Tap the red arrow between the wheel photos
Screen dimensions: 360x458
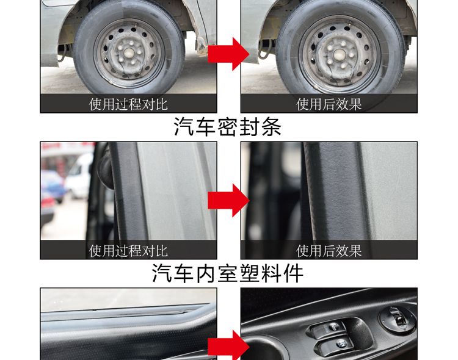point(228,54)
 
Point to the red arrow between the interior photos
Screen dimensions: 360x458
point(228,347)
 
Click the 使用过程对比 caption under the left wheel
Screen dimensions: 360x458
point(128,104)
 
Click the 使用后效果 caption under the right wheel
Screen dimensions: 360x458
point(329,104)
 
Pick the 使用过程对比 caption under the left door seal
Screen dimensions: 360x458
point(128,250)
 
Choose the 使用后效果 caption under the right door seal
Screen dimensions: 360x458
point(329,250)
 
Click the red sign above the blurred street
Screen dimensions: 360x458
point(61,146)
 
